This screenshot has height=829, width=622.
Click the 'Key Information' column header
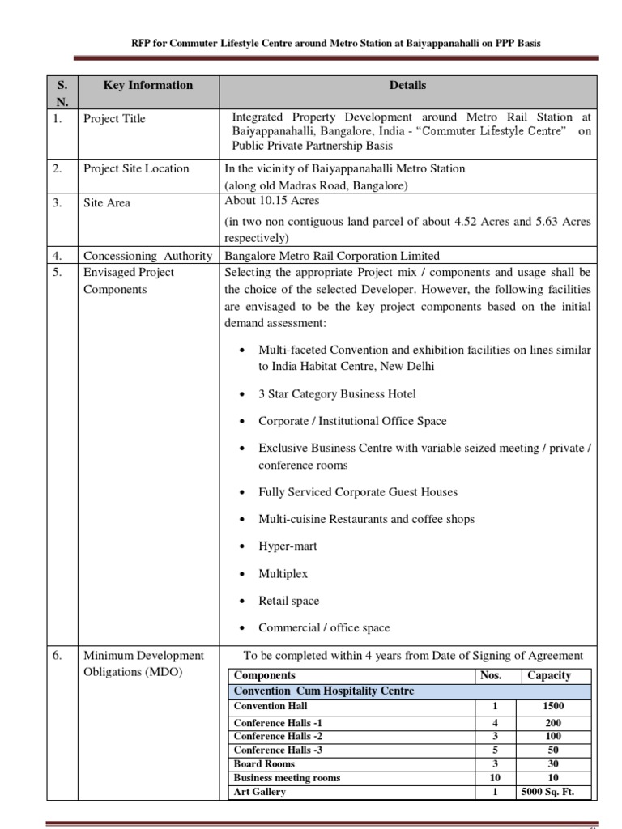(x=148, y=85)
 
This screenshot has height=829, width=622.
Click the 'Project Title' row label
(x=115, y=119)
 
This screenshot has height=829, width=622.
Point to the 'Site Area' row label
(x=107, y=203)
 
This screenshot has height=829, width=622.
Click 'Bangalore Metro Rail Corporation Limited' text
(x=331, y=256)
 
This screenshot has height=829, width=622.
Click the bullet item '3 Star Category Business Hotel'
(x=338, y=394)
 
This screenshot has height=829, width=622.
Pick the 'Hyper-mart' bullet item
(x=288, y=546)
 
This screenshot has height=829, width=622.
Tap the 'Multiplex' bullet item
(x=283, y=574)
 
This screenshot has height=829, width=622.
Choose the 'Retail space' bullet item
(x=288, y=601)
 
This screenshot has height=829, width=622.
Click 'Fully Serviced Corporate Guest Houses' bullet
(x=357, y=492)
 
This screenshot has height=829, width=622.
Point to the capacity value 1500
(x=554, y=706)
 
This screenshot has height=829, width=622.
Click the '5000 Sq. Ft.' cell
(x=554, y=792)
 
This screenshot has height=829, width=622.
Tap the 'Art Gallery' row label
(x=259, y=792)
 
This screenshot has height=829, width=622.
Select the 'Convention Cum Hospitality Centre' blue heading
(x=323, y=691)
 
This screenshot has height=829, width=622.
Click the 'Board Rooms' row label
(x=264, y=763)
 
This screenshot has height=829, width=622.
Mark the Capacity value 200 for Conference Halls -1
(x=554, y=723)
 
